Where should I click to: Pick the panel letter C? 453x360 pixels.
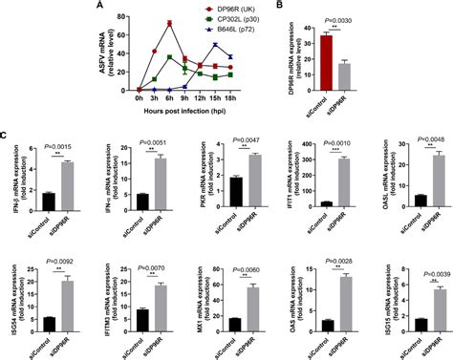click(x=6, y=116)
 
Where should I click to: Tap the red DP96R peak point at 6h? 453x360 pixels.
click(x=169, y=23)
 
